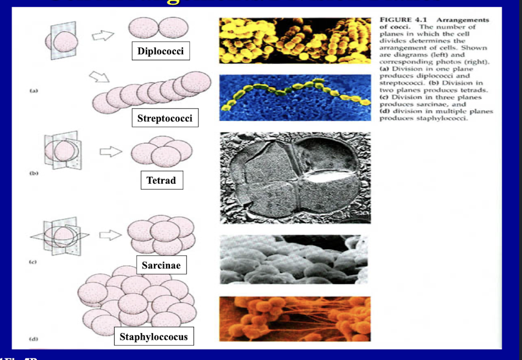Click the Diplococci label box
coord(161,52)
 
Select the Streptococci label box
coord(165,118)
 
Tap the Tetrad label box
coord(161,180)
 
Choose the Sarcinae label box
coord(161,265)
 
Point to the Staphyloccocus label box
coord(154,336)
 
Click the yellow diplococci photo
coord(294,40)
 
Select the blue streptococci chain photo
coord(294,97)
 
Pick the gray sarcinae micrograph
coord(294,259)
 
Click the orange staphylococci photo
coord(294,318)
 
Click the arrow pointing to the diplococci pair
coord(102,36)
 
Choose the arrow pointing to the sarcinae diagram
coord(110,234)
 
